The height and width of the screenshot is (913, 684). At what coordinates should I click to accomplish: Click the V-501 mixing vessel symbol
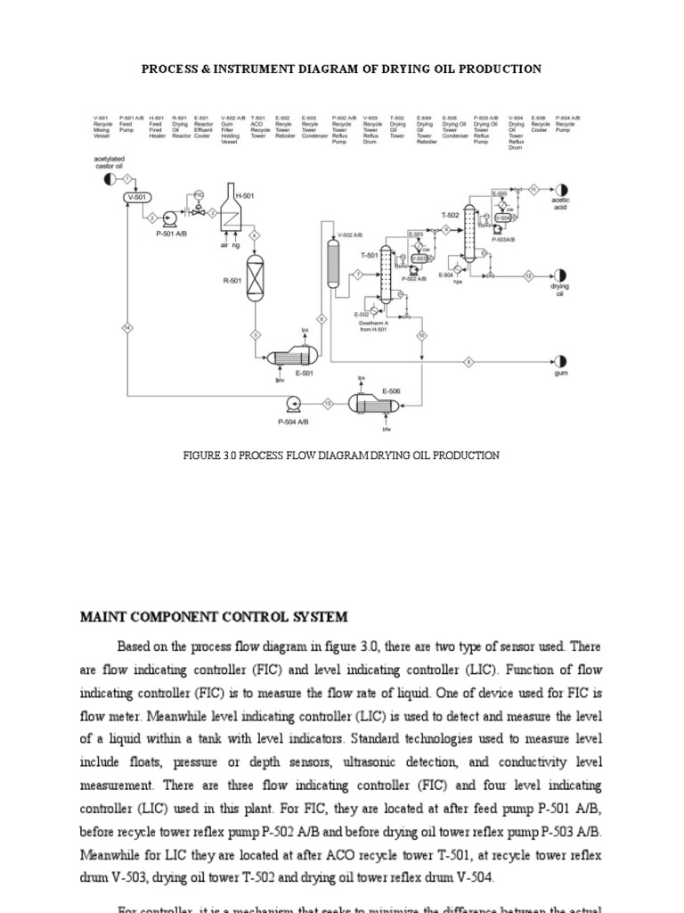tap(139, 196)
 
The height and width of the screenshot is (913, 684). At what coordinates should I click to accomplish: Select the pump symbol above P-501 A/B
tap(170, 217)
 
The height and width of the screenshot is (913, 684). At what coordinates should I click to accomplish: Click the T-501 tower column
tap(387, 276)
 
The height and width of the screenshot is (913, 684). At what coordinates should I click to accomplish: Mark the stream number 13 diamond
tap(328, 403)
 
